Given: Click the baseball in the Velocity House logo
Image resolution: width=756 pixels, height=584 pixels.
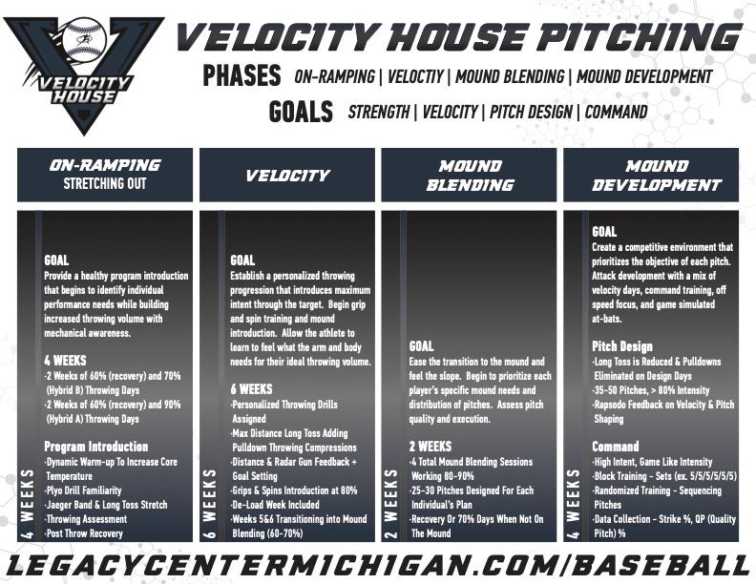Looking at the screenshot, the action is pyautogui.click(x=85, y=38).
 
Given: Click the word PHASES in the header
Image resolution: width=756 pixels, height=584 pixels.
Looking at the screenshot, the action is pyautogui.click(x=241, y=75).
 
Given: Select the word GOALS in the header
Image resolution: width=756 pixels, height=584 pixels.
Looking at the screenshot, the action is pyautogui.click(x=301, y=112).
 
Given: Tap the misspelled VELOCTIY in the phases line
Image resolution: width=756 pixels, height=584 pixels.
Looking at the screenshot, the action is pyautogui.click(x=415, y=76).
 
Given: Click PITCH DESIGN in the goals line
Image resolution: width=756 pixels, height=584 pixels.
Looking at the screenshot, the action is pyautogui.click(x=531, y=112).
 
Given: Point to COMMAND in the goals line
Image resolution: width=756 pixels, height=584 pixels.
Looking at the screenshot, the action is pyautogui.click(x=617, y=112).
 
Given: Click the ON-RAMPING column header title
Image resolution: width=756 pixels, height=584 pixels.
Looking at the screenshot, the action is pyautogui.click(x=105, y=165).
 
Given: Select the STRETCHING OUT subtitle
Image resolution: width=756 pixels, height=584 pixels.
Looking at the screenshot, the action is pyautogui.click(x=105, y=183).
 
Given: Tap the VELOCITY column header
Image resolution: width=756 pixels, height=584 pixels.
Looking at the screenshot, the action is pyautogui.click(x=287, y=175).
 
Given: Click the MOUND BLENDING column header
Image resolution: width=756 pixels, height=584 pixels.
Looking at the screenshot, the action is pyautogui.click(x=470, y=176).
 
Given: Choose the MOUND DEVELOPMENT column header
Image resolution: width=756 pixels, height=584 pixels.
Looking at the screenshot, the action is pyautogui.click(x=656, y=176).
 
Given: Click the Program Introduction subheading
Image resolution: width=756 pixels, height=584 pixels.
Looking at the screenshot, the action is pyautogui.click(x=96, y=447).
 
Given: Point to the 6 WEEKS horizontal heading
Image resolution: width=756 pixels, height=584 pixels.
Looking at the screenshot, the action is pyautogui.click(x=251, y=388).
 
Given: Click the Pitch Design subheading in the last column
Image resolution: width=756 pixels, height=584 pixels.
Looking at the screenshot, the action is pyautogui.click(x=622, y=346).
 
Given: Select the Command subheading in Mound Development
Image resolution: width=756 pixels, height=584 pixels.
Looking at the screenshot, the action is pyautogui.click(x=616, y=447).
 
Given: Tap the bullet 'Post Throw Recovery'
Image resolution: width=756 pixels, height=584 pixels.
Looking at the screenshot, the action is pyautogui.click(x=84, y=533).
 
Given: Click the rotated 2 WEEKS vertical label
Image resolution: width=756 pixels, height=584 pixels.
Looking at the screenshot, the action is pyautogui.click(x=391, y=503).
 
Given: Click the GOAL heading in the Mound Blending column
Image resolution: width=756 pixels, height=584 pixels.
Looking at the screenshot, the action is pyautogui.click(x=421, y=346).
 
